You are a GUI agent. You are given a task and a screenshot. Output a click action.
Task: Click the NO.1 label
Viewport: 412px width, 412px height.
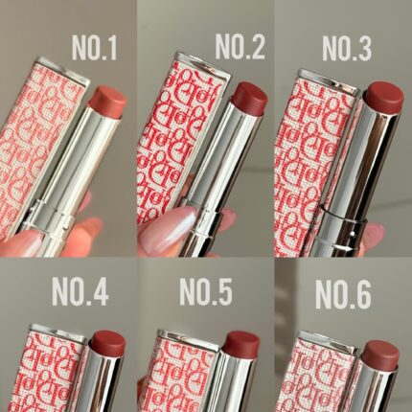click(94, 47)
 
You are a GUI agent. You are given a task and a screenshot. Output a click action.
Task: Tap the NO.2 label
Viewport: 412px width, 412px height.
click(240, 46)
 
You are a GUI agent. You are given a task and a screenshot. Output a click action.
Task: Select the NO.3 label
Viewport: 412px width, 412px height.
click(347, 48)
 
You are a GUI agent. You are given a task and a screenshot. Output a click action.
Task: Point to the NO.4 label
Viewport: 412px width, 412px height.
click(80, 292)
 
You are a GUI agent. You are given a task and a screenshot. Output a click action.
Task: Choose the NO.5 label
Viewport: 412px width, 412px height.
click(206, 292)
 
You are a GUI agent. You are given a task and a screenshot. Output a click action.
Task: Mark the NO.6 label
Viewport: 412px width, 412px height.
click(343, 294)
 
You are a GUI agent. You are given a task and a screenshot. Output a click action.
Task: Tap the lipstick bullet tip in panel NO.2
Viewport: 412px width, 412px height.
click(249, 98)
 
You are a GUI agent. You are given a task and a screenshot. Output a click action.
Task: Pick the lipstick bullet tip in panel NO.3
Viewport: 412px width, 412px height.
click(384, 97)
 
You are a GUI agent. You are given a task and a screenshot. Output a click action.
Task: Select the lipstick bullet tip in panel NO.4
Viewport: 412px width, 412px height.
click(107, 344)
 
